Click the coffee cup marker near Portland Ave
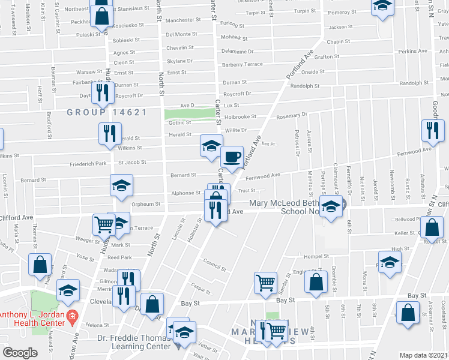click(x=232, y=157)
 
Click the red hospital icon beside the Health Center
click(x=72, y=316)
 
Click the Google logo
click(x=20, y=353)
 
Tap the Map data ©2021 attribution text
click(x=424, y=355)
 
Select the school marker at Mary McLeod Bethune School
click(x=331, y=207)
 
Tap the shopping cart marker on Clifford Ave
click(x=104, y=224)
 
